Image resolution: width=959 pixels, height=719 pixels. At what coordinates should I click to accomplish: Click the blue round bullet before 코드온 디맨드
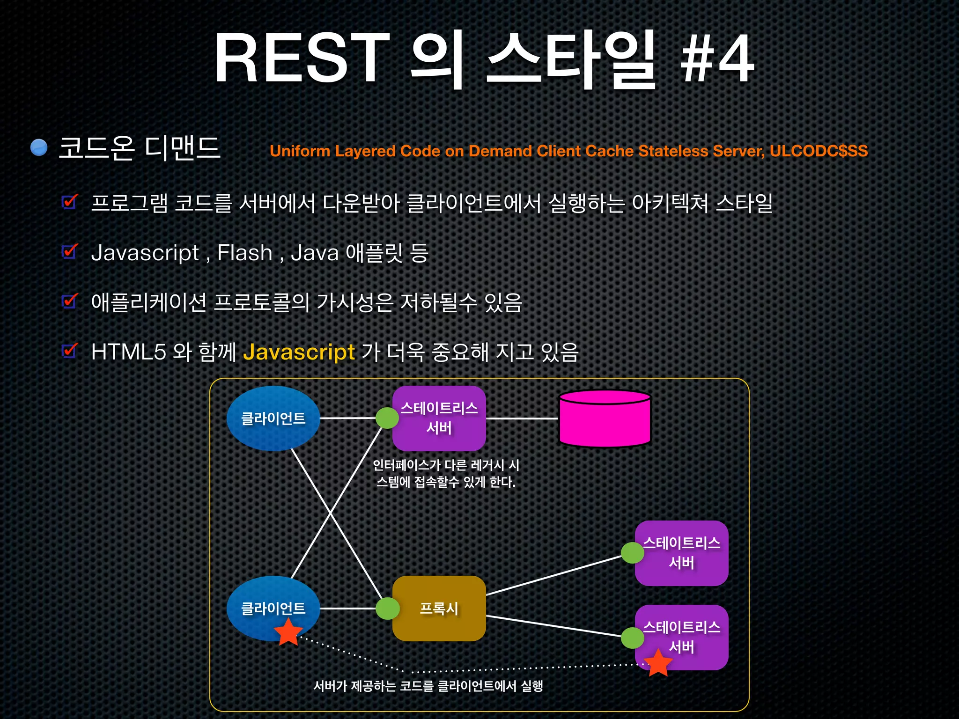click(39, 147)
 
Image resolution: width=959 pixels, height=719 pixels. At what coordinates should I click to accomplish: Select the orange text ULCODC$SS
click(819, 151)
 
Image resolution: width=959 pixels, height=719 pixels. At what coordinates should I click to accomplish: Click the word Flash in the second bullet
click(244, 253)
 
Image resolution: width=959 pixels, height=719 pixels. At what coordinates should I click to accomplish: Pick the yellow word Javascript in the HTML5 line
click(299, 352)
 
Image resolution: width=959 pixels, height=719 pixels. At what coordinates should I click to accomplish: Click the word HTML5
click(128, 352)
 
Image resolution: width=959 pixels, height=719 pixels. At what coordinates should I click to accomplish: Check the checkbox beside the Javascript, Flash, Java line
click(70, 252)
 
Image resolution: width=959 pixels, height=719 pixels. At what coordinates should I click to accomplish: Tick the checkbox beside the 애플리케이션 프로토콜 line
click(70, 301)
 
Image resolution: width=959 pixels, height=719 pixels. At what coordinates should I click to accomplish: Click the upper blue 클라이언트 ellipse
click(273, 418)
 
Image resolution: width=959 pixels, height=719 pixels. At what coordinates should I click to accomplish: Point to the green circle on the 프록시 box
click(388, 609)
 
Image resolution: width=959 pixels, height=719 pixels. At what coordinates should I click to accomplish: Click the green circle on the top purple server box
click(387, 418)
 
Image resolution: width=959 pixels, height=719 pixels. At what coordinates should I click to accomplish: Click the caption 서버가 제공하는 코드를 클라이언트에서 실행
click(428, 686)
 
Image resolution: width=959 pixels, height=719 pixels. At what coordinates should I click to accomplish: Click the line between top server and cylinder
click(522, 418)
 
